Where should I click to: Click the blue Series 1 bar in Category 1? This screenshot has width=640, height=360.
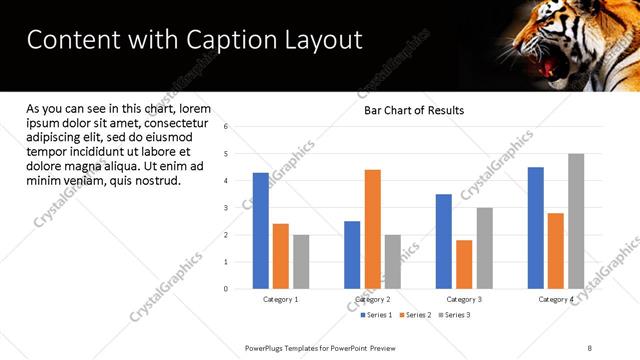coord(261,231)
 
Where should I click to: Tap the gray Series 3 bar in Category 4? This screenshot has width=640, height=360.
coord(576,221)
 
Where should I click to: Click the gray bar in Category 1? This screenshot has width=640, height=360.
coord(301,262)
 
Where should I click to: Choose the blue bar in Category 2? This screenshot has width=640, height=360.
coord(352,255)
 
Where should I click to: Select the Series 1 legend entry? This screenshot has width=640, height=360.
coord(379,315)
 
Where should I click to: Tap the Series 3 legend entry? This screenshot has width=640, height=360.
coord(455,315)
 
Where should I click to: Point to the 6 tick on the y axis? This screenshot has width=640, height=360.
coord(226,127)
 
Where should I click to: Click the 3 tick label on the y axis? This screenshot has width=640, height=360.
coord(226,208)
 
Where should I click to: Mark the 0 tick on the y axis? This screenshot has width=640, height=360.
coord(226,289)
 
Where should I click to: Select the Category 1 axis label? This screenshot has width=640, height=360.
coord(280,299)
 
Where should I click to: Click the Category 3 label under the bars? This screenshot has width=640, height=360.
coord(464,299)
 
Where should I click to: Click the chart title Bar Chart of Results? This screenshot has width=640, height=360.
coord(413,110)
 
